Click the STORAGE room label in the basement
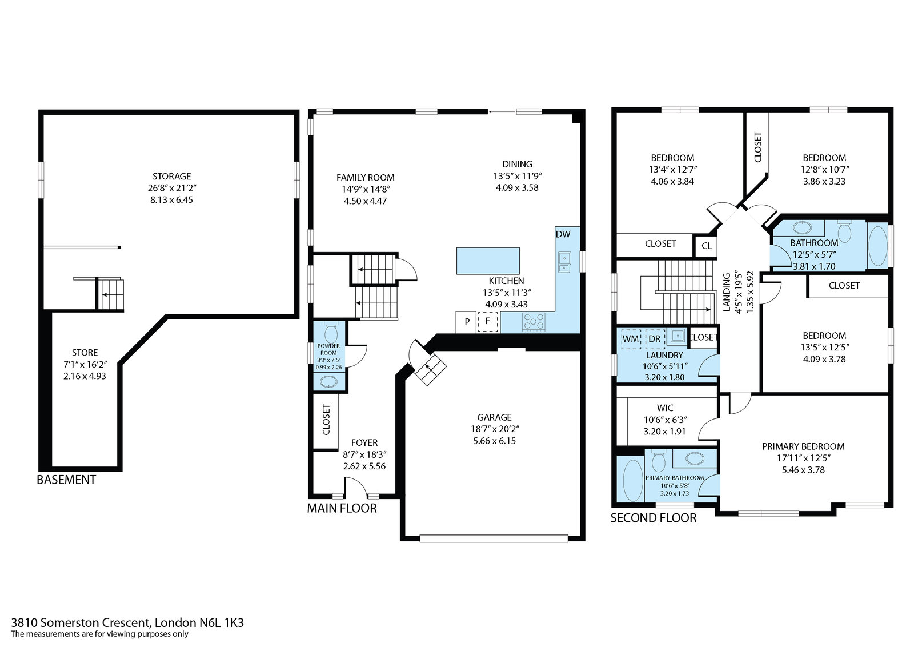(171, 177)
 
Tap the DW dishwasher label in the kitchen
(563, 234)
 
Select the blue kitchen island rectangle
(488, 261)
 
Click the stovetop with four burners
(534, 321)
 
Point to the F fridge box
(487, 322)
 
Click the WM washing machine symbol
(631, 338)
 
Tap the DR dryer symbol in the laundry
(655, 338)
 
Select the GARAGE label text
(494, 417)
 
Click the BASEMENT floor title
(66, 480)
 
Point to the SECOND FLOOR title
(654, 518)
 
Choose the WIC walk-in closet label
(665, 408)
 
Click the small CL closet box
(706, 246)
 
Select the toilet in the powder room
(331, 332)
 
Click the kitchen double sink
(564, 262)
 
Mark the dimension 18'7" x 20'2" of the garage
(495, 429)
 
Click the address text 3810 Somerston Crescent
(81, 622)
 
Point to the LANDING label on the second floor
(727, 292)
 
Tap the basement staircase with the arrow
(110, 294)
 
